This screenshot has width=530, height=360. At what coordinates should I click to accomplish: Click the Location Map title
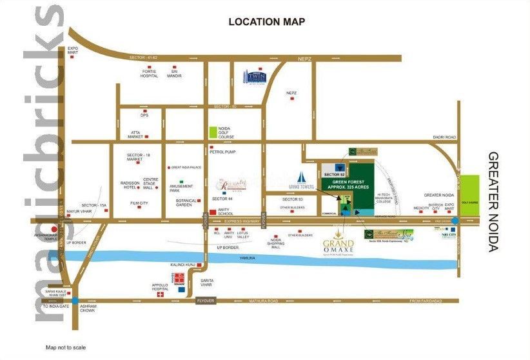point(267,22)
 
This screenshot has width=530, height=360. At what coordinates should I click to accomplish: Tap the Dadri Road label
point(446,137)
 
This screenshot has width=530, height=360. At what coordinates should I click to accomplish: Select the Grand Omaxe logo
point(339,246)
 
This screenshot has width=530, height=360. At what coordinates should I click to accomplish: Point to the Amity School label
point(225,212)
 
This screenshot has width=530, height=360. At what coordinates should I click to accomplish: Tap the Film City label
point(139,203)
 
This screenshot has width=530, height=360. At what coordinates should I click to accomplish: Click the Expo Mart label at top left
point(73,50)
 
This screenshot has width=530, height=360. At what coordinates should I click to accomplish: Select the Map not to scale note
point(64,348)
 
